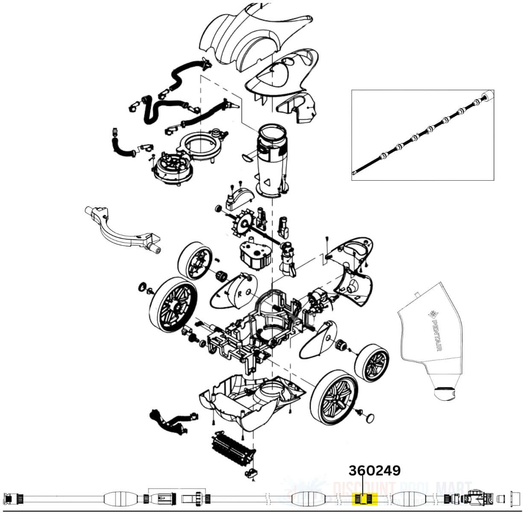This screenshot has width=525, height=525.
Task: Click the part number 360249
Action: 375,471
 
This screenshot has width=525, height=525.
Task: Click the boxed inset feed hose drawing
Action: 423,135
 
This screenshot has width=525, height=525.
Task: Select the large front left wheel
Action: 173,304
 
